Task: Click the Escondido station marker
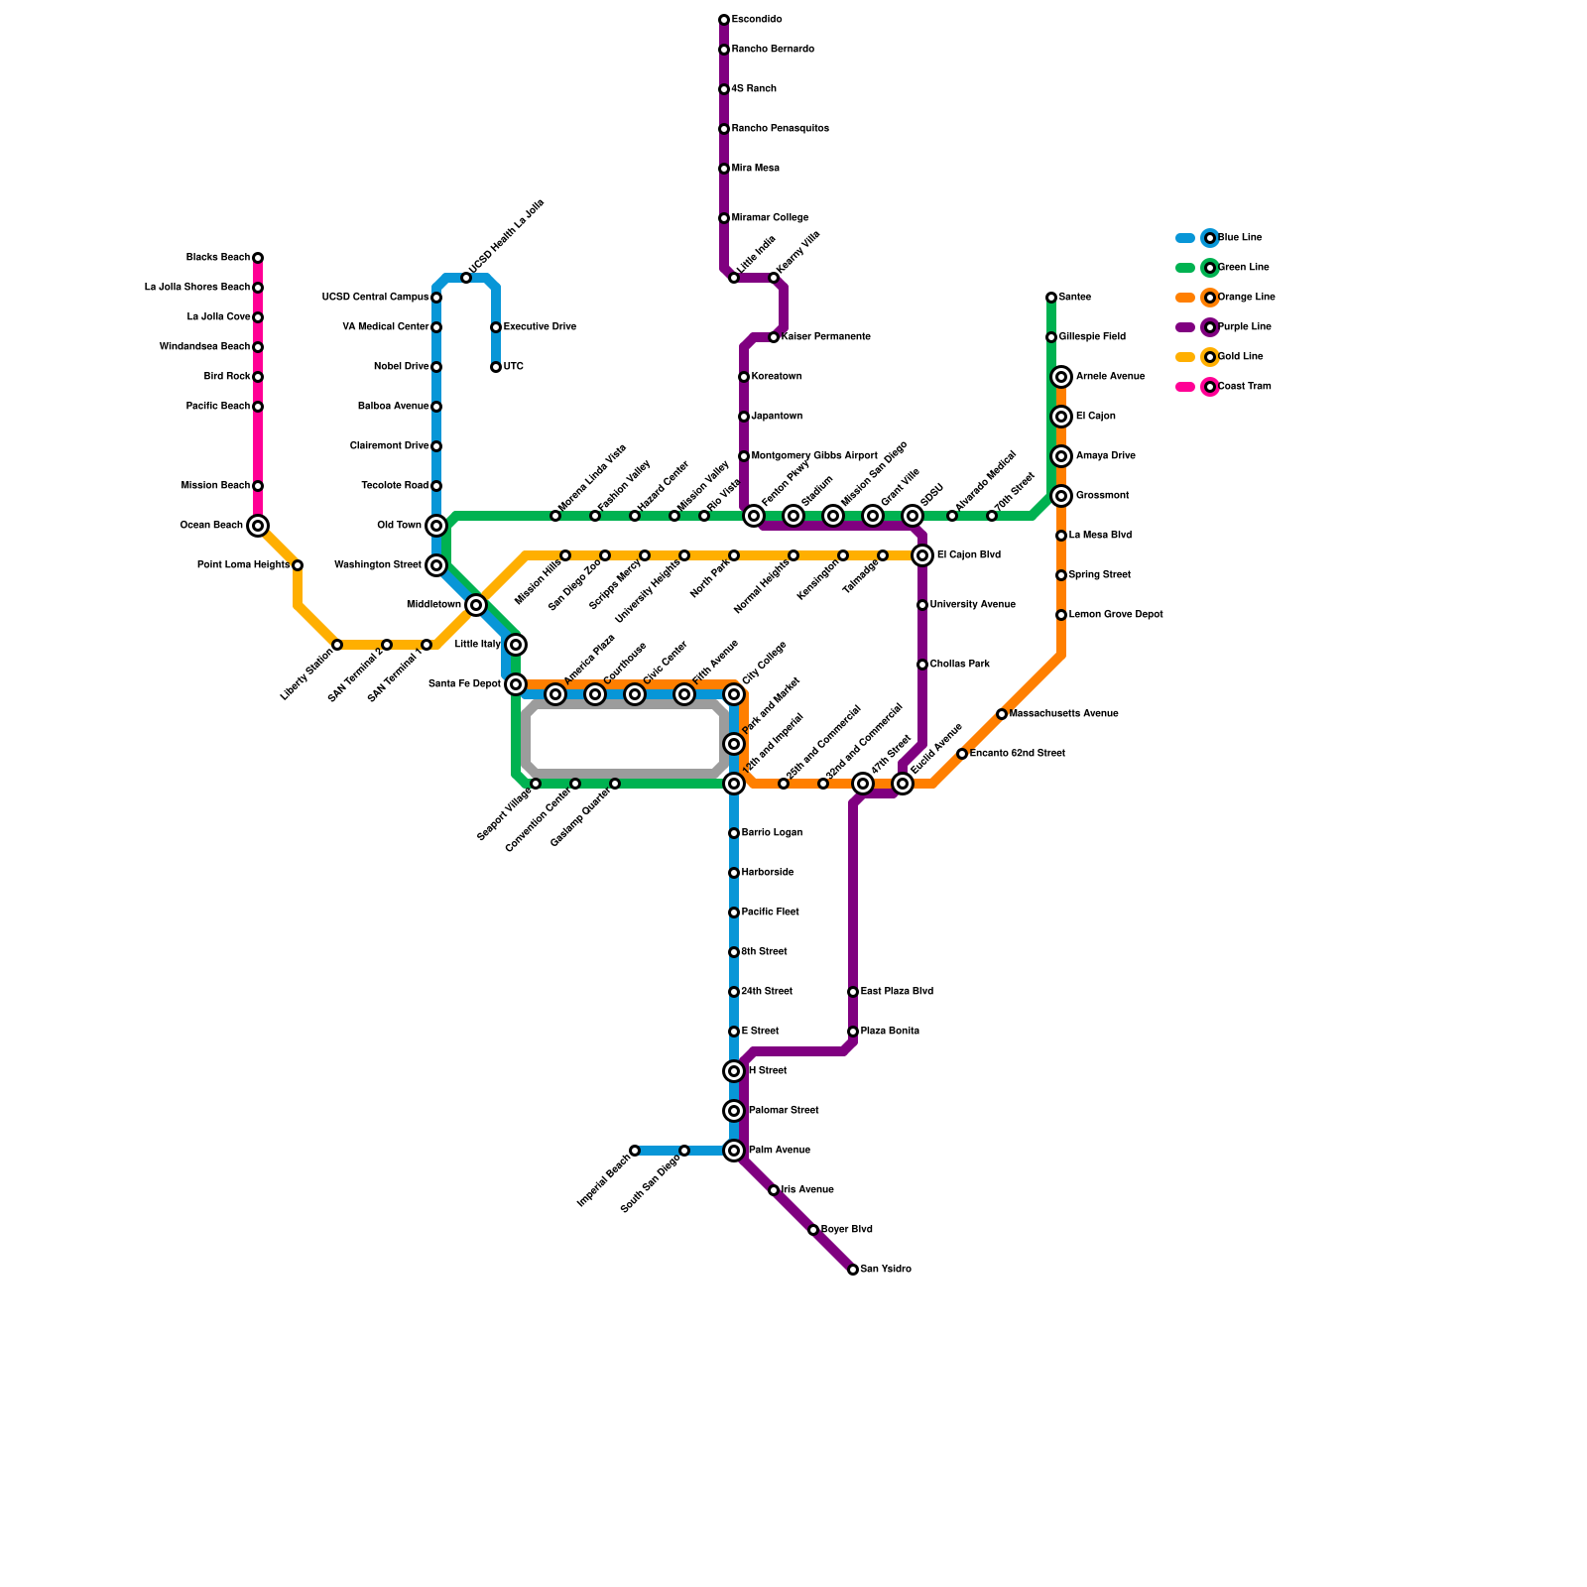tap(724, 20)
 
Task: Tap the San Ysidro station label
tap(885, 1270)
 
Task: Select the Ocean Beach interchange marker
tap(258, 526)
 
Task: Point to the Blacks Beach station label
tap(218, 258)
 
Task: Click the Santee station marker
tap(1051, 298)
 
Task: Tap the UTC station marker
tap(496, 367)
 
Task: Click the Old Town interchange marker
tap(436, 526)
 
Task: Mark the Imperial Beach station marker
tap(635, 1151)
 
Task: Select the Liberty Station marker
tap(337, 645)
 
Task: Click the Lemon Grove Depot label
tap(1115, 615)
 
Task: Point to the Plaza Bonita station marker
tap(853, 1032)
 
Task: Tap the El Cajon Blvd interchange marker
tap(922, 555)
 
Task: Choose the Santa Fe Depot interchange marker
tap(516, 684)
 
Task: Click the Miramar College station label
tap(770, 218)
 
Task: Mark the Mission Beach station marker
tap(258, 486)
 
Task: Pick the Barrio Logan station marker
tap(734, 833)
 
